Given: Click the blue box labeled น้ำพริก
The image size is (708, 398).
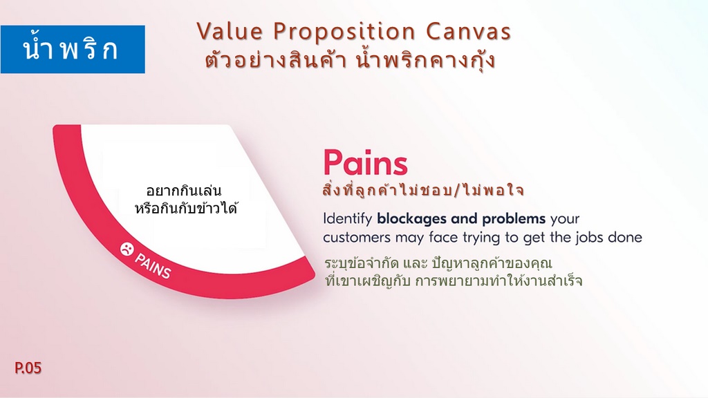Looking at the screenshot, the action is [73, 49].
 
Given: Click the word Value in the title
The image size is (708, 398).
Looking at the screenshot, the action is [230, 32].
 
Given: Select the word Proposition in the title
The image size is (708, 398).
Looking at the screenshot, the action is [344, 32].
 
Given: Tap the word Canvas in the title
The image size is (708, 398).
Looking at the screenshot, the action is [468, 32].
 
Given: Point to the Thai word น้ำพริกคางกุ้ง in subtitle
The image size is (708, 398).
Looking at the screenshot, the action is [426, 60].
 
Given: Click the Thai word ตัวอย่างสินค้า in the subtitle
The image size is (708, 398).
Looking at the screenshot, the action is [275, 59].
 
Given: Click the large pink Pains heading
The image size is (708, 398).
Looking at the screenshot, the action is [365, 162].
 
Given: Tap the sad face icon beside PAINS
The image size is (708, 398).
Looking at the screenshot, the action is [127, 249].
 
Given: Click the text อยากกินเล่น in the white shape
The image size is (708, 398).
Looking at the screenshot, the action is [184, 191].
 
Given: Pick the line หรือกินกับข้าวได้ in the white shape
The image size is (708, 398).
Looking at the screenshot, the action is [186, 209].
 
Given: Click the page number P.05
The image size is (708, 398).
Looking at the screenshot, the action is [28, 368].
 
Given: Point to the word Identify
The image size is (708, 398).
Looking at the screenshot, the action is [347, 219].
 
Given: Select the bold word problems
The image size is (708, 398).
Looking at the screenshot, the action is [514, 219].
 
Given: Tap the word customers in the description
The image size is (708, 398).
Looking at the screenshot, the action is [357, 238].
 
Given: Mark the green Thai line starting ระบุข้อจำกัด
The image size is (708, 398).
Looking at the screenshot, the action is [438, 263].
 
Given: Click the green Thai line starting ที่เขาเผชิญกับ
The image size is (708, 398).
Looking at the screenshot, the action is [454, 281].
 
